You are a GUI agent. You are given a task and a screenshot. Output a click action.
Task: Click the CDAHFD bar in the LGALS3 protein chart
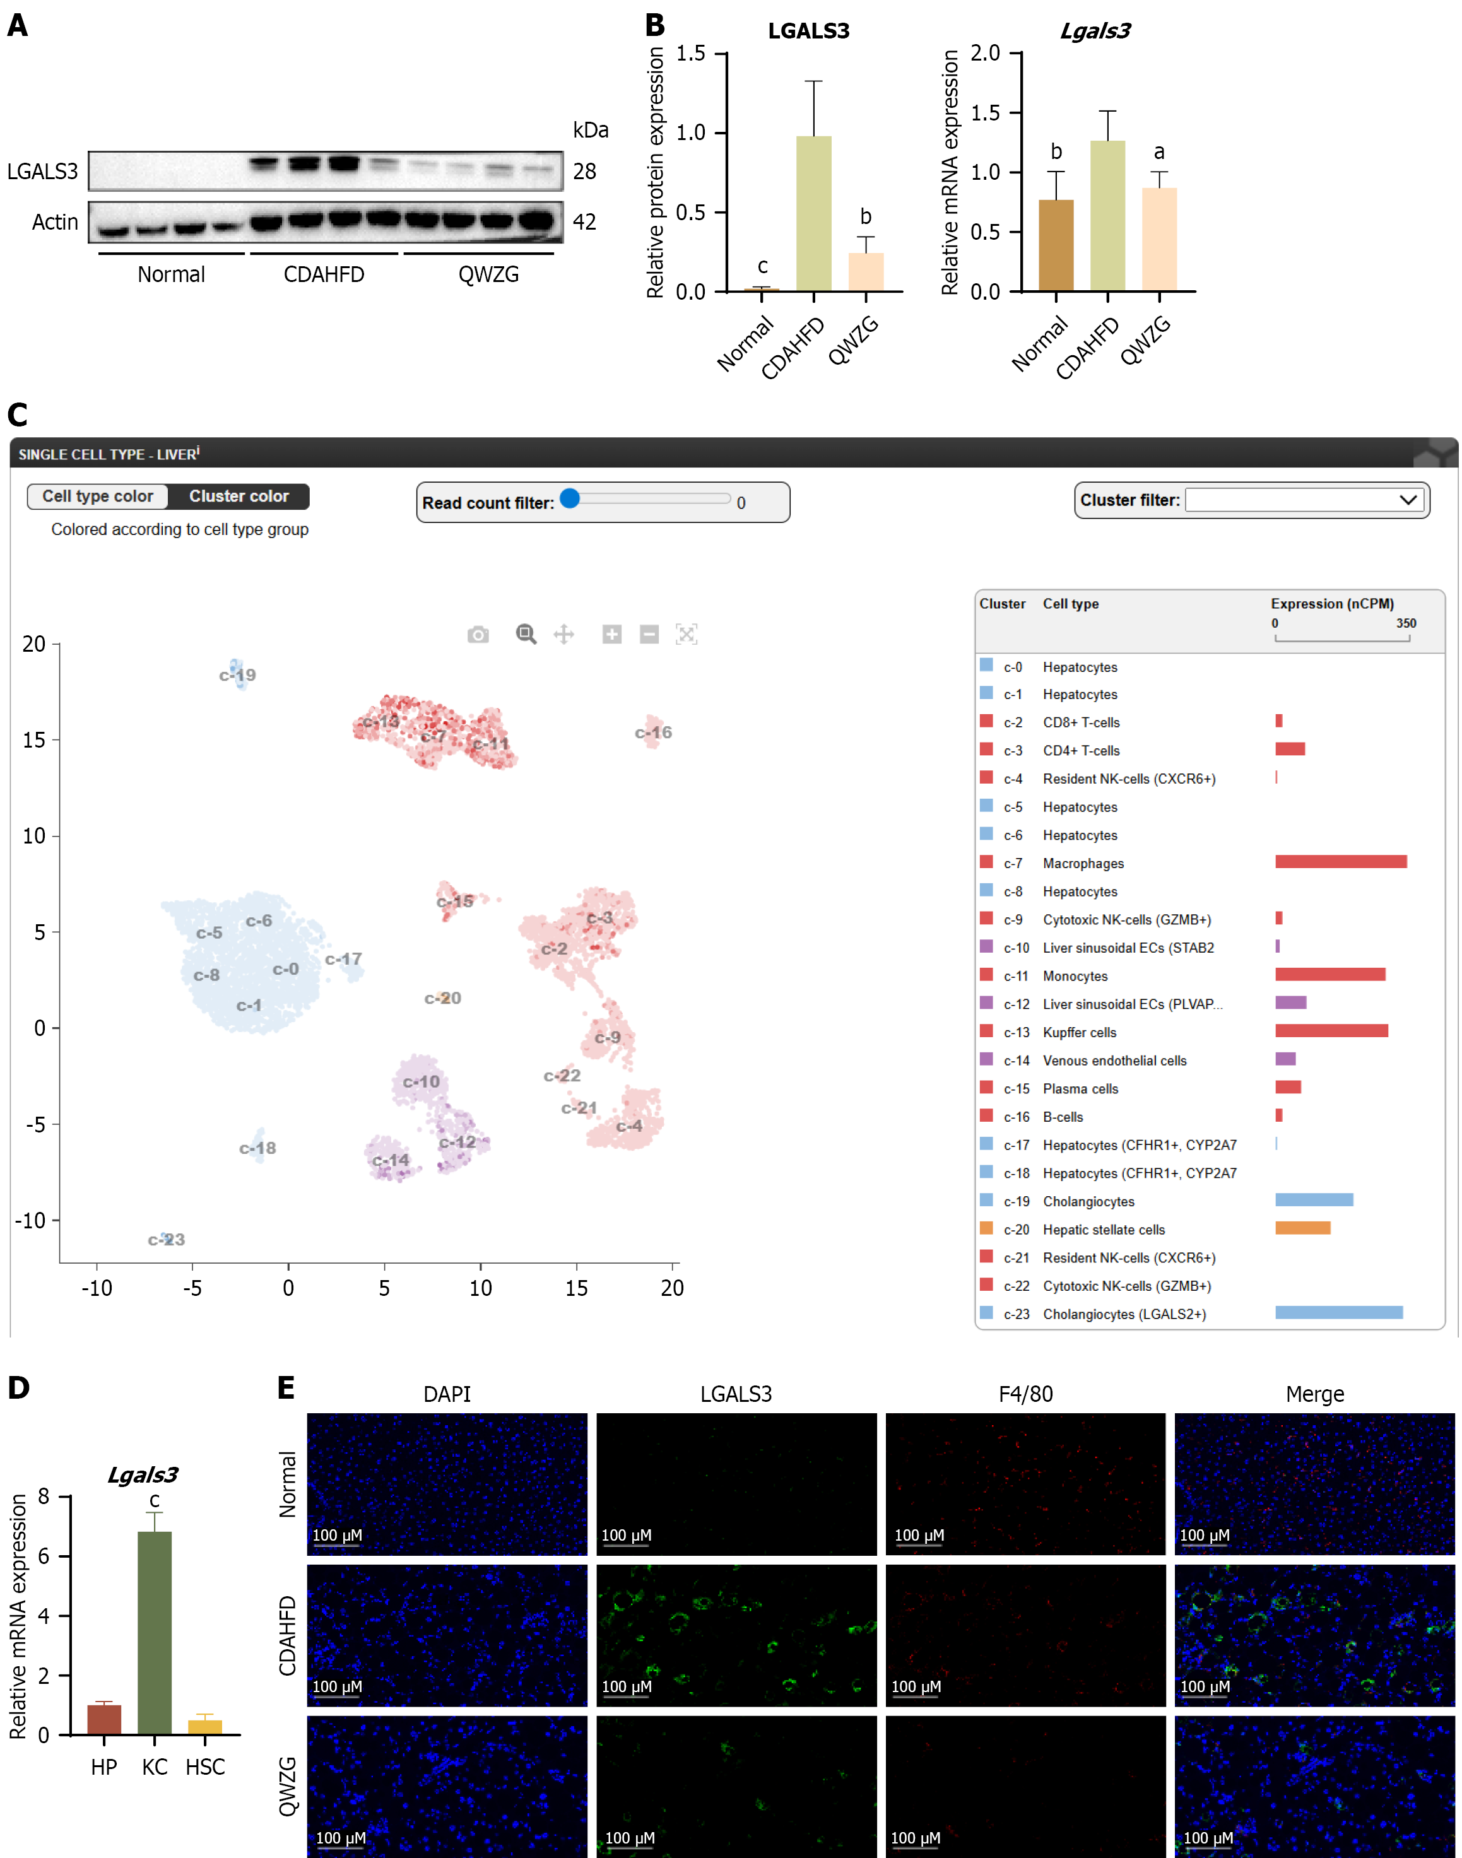click(x=813, y=213)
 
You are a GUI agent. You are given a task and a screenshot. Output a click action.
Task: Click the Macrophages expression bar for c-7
click(x=1340, y=862)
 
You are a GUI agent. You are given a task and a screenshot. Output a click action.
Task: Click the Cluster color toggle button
click(x=239, y=497)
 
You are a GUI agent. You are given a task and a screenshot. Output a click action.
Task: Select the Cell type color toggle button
click(x=98, y=497)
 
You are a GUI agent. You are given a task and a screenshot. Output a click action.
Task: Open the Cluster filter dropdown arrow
click(x=1408, y=500)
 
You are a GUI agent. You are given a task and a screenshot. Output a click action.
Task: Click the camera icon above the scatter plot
click(x=478, y=634)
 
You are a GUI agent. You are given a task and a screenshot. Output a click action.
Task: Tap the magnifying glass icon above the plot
click(x=526, y=634)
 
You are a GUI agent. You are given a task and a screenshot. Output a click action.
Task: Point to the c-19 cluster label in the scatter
click(x=237, y=675)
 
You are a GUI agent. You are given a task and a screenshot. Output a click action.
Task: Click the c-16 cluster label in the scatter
click(x=653, y=732)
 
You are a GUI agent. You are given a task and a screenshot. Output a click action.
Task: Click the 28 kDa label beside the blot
click(x=585, y=172)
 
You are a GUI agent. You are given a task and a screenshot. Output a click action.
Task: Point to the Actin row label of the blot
click(x=55, y=223)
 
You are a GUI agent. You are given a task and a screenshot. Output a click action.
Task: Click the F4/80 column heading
click(x=1025, y=1394)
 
